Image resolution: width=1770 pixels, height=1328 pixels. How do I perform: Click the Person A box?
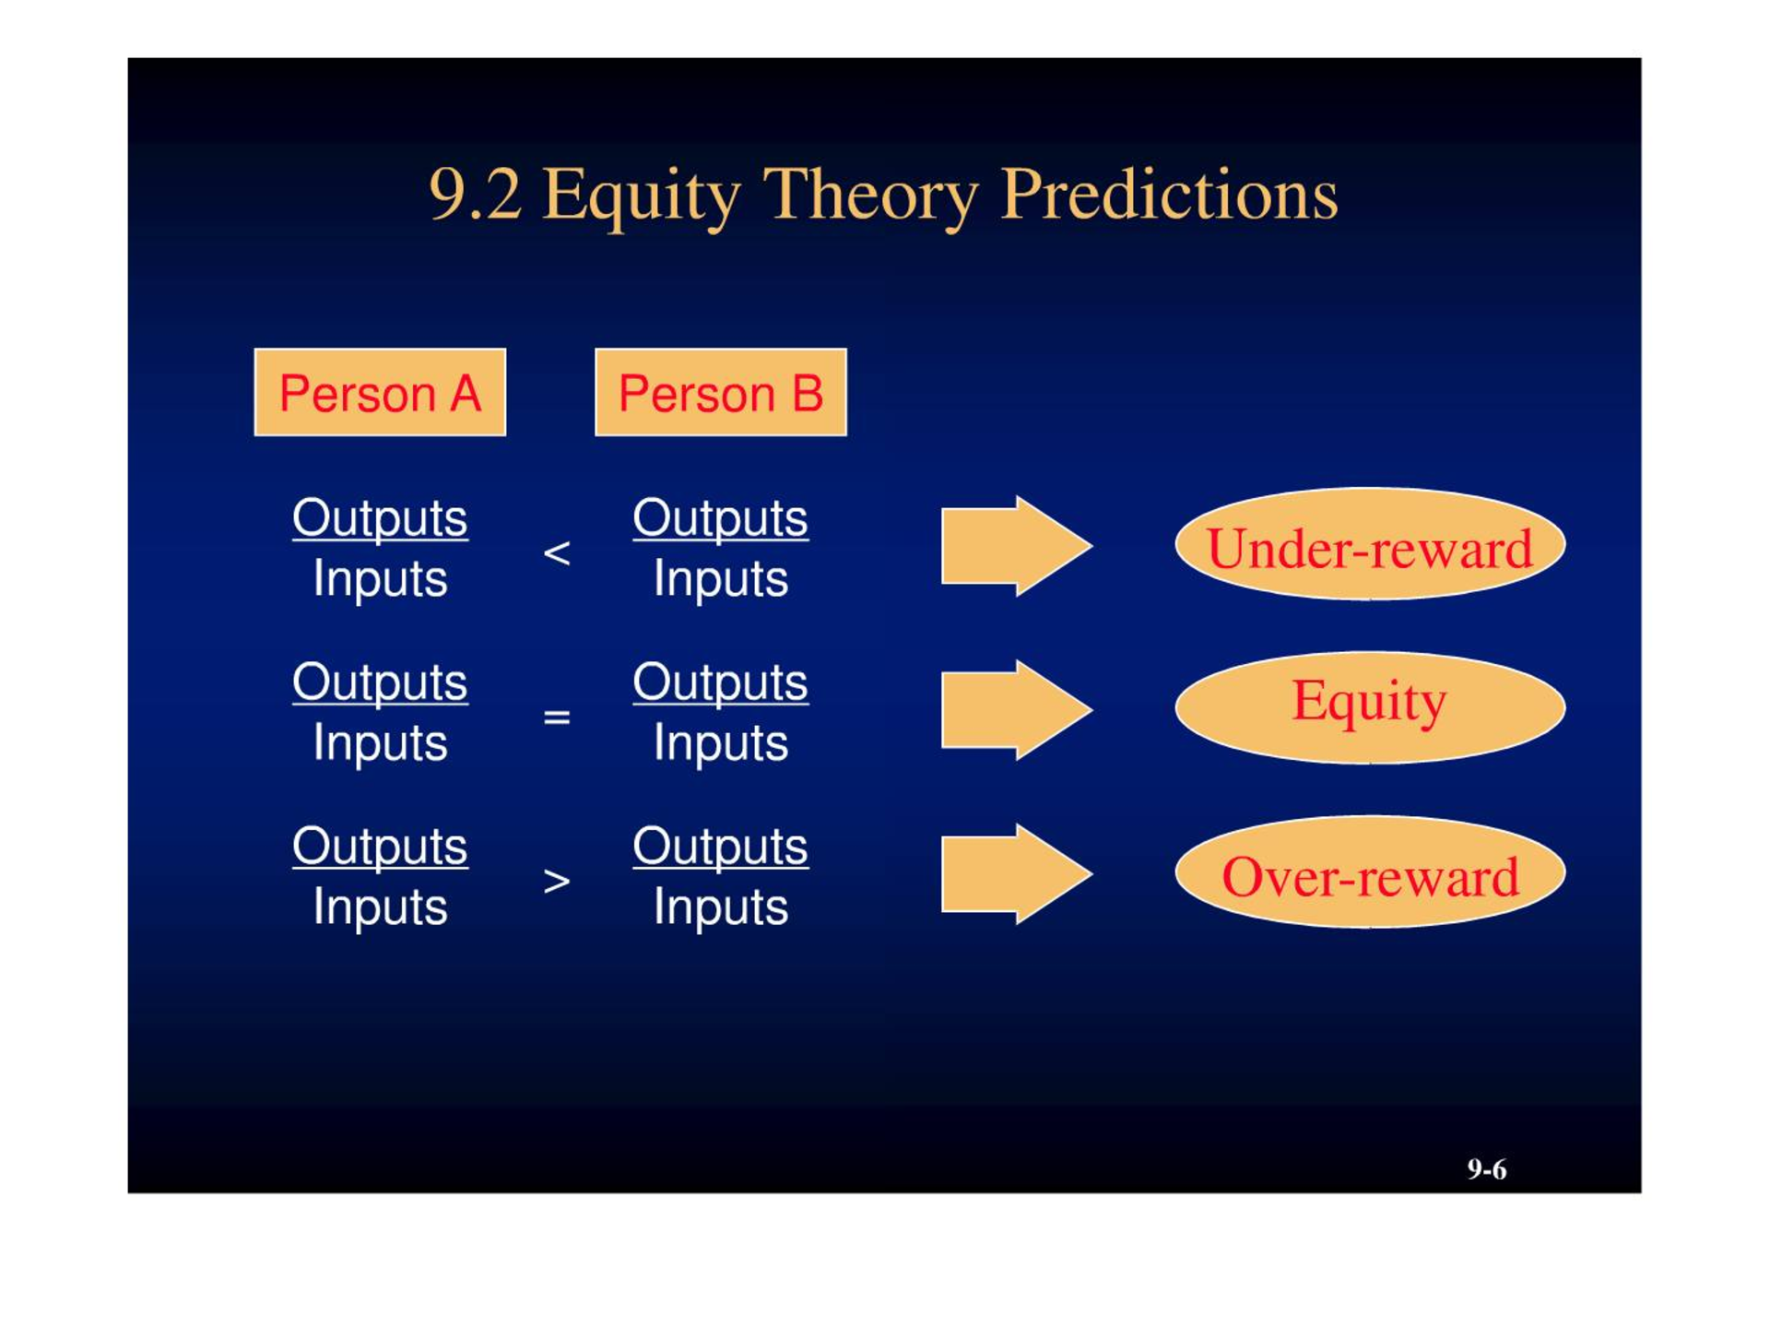(x=380, y=392)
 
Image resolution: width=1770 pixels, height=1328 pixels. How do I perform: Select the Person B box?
(x=721, y=392)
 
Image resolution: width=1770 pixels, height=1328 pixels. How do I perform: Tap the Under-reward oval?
(x=1370, y=544)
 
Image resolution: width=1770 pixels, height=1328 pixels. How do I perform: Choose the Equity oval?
(x=1370, y=707)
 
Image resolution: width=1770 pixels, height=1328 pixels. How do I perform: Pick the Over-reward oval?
(x=1370, y=871)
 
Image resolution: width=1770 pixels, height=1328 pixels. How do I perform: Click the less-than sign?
(x=557, y=553)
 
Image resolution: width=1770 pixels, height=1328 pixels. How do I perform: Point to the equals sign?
(x=557, y=717)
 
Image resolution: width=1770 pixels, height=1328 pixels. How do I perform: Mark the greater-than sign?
(x=557, y=882)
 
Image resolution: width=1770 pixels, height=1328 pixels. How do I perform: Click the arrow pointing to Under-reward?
(x=1017, y=546)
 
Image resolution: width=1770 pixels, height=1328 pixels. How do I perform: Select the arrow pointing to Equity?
(x=1017, y=710)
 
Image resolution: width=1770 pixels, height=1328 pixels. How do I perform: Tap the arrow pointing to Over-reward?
(x=1017, y=873)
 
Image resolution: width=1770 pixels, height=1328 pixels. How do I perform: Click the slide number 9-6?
(x=1487, y=1169)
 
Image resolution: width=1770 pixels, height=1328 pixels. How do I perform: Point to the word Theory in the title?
(x=871, y=196)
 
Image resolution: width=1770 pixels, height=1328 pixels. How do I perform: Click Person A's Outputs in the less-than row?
(x=380, y=518)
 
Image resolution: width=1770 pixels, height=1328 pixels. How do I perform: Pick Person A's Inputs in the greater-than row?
(x=380, y=907)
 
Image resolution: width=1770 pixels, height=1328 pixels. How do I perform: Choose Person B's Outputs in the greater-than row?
(x=721, y=847)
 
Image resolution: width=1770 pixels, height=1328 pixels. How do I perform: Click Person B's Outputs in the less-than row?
(x=721, y=518)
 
